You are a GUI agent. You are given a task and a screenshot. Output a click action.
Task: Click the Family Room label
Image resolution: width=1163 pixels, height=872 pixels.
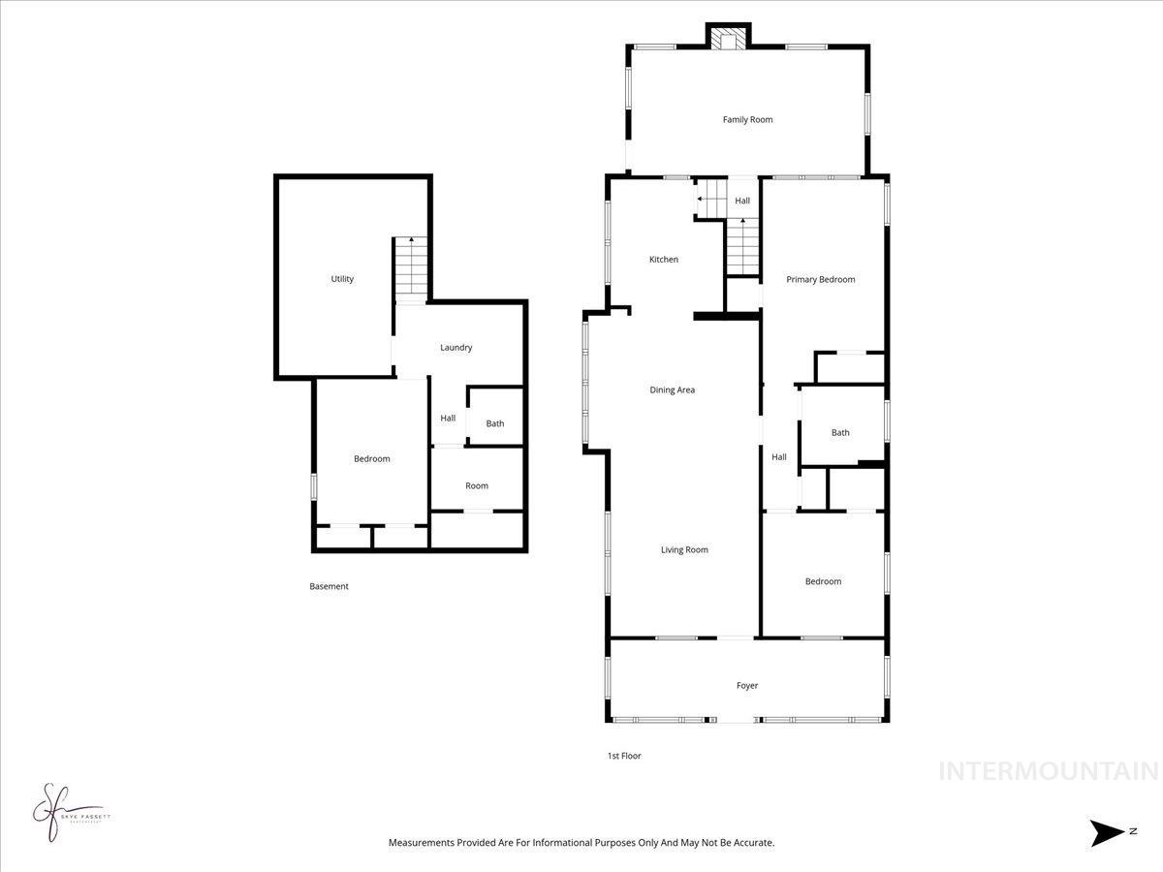coord(747,120)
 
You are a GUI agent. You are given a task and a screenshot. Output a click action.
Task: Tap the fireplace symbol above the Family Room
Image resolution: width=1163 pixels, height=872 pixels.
coord(727,38)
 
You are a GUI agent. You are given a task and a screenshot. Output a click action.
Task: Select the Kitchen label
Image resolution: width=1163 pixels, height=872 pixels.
coord(664,260)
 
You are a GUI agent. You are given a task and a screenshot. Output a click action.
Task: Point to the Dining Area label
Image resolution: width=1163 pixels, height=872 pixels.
coord(672,390)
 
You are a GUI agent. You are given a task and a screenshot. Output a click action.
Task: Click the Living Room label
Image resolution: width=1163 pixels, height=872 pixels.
coord(684,550)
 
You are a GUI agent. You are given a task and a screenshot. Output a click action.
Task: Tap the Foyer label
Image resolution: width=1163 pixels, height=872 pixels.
coord(747,686)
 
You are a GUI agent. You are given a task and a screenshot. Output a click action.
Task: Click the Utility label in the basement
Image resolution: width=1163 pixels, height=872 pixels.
coord(342,279)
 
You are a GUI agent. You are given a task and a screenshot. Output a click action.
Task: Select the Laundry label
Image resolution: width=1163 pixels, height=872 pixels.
coord(456,348)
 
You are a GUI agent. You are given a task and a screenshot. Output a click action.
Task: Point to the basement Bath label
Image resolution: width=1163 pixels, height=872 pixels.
coord(495,423)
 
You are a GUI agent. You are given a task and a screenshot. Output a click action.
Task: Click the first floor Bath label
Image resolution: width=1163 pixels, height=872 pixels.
coord(840,433)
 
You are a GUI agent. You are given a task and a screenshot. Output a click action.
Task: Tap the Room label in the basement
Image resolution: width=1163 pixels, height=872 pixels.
coord(477,486)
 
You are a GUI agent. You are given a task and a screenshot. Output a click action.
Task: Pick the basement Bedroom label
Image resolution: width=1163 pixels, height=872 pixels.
coord(371,459)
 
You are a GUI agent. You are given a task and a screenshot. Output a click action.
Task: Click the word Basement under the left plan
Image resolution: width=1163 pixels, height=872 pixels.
coord(329,586)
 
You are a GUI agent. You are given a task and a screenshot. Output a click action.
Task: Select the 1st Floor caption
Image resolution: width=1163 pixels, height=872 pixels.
coord(623,756)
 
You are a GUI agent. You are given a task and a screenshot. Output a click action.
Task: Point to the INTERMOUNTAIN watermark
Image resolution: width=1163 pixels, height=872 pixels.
coord(1049,771)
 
